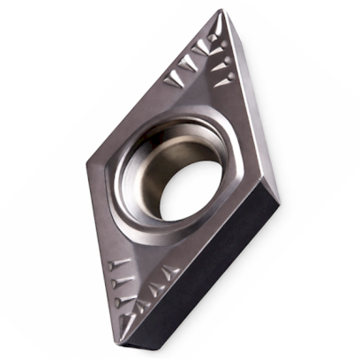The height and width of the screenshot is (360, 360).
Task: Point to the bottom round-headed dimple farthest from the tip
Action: coord(111,266)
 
